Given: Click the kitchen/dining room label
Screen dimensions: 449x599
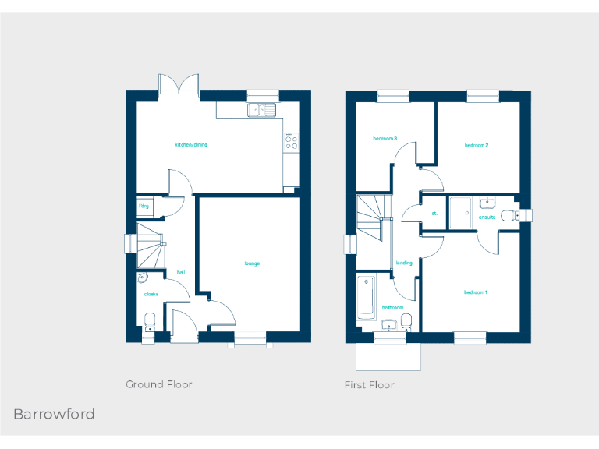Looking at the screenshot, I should pyautogui.click(x=191, y=144).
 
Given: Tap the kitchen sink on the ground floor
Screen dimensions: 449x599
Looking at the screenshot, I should pyautogui.click(x=262, y=110).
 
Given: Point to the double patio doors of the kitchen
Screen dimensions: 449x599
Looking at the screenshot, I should pyautogui.click(x=179, y=85).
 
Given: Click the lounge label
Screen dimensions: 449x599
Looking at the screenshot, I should pyautogui.click(x=252, y=263).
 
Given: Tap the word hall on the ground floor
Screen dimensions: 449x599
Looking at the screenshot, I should pyautogui.click(x=181, y=272).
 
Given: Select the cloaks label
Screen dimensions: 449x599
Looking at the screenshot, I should pyautogui.click(x=151, y=294).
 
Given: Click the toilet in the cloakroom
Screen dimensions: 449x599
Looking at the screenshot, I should pyautogui.click(x=150, y=320).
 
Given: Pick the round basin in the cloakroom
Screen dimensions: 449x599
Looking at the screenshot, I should pyautogui.click(x=143, y=278).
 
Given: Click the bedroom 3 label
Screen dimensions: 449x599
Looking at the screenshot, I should pyautogui.click(x=385, y=139).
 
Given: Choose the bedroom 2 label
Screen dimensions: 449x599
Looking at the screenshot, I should pyautogui.click(x=477, y=145).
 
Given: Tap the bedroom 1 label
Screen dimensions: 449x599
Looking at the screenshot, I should pyautogui.click(x=476, y=292).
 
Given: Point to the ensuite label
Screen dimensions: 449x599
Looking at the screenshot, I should pyautogui.click(x=487, y=217).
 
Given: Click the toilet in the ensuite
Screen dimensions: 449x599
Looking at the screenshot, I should pyautogui.click(x=509, y=215).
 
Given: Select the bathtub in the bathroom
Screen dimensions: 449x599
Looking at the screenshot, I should pyautogui.click(x=366, y=297).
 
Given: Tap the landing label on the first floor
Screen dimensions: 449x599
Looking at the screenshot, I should pyautogui.click(x=404, y=263).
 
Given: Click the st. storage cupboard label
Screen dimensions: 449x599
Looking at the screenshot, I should pyautogui.click(x=434, y=213).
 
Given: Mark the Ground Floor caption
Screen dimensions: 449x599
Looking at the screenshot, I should pyautogui.click(x=159, y=384).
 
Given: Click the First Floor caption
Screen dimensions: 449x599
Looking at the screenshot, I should pyautogui.click(x=370, y=384).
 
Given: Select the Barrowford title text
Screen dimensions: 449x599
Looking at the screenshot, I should pyautogui.click(x=54, y=414).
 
